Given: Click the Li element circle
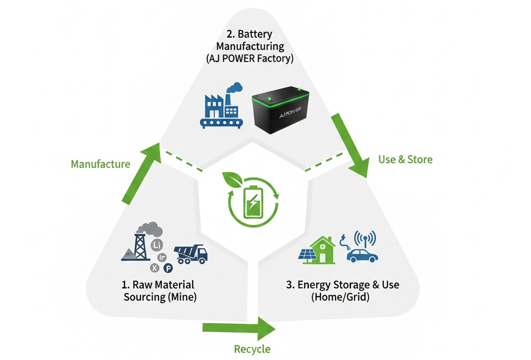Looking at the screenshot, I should [x=157, y=245].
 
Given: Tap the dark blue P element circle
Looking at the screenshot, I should [x=168, y=268].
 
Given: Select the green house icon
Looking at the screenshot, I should [x=323, y=250].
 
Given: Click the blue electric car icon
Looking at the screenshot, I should [x=362, y=255].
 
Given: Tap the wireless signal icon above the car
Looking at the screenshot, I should [x=365, y=238].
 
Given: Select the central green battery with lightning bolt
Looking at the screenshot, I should [x=253, y=203].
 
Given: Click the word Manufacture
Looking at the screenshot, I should [x=100, y=164].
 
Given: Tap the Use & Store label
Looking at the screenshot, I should [x=405, y=160].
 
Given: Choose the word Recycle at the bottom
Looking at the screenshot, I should [x=252, y=349].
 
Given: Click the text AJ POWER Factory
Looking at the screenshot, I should [x=249, y=58].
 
